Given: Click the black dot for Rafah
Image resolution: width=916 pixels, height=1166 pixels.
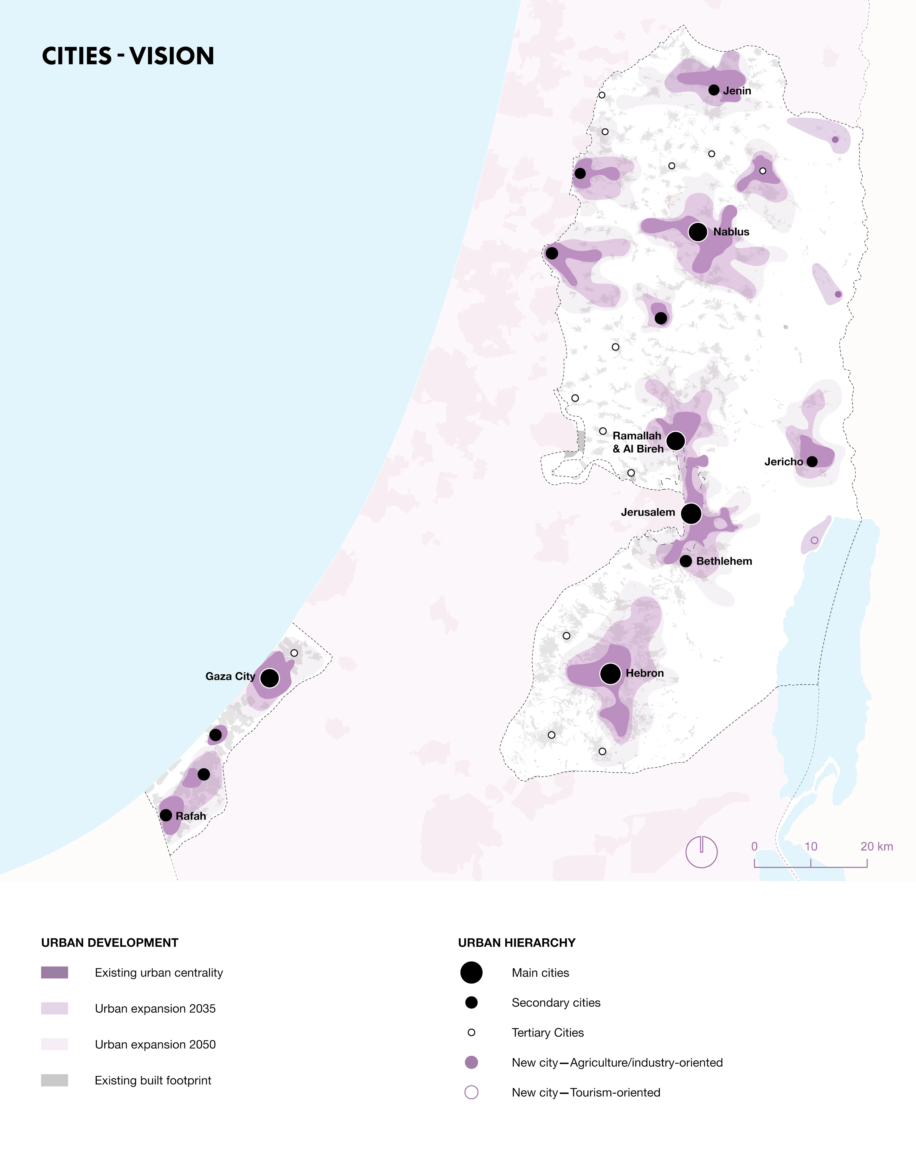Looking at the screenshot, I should pyautogui.click(x=166, y=815).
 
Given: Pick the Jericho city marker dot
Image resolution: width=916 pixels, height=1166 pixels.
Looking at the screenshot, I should pyautogui.click(x=812, y=461).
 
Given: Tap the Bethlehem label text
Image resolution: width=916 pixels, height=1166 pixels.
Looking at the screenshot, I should pyautogui.click(x=724, y=561).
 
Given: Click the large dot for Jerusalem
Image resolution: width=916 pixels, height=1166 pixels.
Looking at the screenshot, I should pyautogui.click(x=691, y=513).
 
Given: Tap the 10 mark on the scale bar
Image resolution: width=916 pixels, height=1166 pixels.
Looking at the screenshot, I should pyautogui.click(x=811, y=846).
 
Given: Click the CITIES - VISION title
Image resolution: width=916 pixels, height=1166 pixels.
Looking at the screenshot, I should pyautogui.click(x=128, y=56).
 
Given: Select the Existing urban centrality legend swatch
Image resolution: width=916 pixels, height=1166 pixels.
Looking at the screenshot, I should pyautogui.click(x=55, y=972).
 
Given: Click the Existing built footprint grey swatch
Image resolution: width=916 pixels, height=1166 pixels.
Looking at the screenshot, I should pyautogui.click(x=55, y=1080).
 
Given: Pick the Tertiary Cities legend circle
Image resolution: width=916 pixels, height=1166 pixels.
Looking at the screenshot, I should pyautogui.click(x=471, y=1032).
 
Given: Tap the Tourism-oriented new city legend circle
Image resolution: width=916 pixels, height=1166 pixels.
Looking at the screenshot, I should pyautogui.click(x=471, y=1093).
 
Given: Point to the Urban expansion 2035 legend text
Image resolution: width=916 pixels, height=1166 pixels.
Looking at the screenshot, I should pyautogui.click(x=155, y=1008).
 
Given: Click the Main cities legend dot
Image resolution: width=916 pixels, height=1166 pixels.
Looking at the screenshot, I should pyautogui.click(x=471, y=972).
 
